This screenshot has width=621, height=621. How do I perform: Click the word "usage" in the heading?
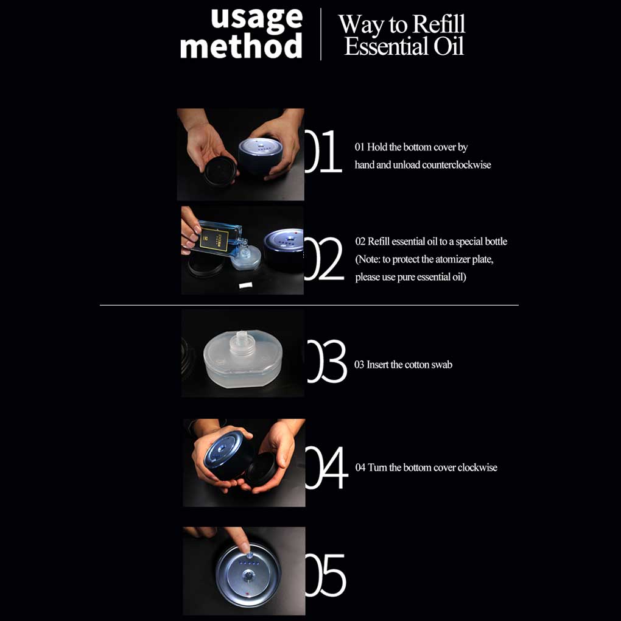click(257, 18)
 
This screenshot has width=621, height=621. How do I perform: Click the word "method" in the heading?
click(241, 46)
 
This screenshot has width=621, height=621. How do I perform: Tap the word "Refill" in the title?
click(440, 24)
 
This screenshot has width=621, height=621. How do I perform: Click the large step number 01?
click(323, 151)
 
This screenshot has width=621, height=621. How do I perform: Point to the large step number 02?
click(324, 259)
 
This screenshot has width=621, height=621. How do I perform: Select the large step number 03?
click(327, 361)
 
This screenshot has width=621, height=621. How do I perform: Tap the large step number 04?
click(327, 468)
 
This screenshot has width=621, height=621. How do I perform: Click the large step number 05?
click(326, 575)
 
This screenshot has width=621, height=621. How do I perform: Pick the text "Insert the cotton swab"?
click(410, 365)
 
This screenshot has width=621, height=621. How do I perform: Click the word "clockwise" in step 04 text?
click(478, 468)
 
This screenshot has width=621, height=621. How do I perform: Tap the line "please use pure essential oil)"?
click(411, 277)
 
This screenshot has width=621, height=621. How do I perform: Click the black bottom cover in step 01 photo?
click(220, 171)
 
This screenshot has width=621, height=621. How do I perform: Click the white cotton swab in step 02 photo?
click(245, 285)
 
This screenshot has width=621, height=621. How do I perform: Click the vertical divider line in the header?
click(320, 34)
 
